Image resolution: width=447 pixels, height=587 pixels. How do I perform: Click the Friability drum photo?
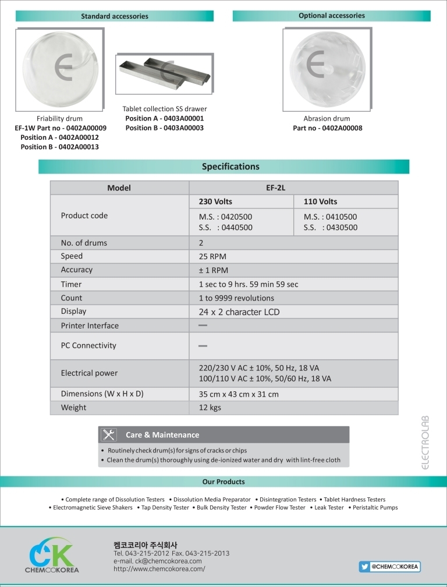pyautogui.click(x=59, y=69)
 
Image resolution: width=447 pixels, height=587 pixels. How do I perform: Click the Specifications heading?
pyautogui.click(x=230, y=167)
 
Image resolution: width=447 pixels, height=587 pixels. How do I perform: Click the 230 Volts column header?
pyautogui.click(x=215, y=201)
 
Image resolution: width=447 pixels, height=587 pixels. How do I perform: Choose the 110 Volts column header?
pyautogui.click(x=320, y=201)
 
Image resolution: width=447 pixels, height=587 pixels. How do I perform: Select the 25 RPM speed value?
pyautogui.click(x=212, y=256)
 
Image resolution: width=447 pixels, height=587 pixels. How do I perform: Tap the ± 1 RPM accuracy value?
pyautogui.click(x=213, y=270)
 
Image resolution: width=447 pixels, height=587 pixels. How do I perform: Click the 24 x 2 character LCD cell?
pyautogui.click(x=239, y=312)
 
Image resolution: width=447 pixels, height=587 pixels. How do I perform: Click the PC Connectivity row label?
pyautogui.click(x=88, y=345)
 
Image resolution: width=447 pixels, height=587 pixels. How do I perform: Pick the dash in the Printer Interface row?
pyautogui.click(x=203, y=325)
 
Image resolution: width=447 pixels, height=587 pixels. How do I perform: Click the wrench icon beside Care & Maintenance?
pyautogui.click(x=109, y=434)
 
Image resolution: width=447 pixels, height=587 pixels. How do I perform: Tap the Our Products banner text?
pyautogui.click(x=223, y=482)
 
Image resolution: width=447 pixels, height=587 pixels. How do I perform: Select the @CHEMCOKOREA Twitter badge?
pyautogui.click(x=390, y=566)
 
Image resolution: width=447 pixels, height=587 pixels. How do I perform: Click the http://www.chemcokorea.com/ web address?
pyautogui.click(x=159, y=568)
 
